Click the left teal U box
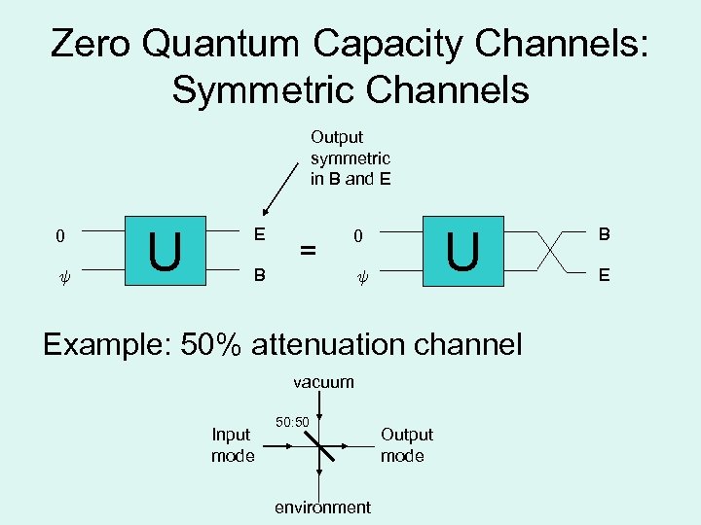[x=166, y=252]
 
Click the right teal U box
[x=462, y=252]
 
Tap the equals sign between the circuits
[x=308, y=251]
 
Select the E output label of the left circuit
[x=259, y=234]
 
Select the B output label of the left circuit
[x=259, y=274]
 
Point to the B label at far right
[x=605, y=234]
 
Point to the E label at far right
[x=605, y=275]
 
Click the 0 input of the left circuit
[x=60, y=235]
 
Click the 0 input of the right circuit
[x=358, y=235]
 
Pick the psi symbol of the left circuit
[x=60, y=275]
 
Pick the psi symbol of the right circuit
[x=358, y=275]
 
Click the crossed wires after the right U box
[x=552, y=255]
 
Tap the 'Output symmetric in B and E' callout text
[x=350, y=157]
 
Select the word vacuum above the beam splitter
[x=323, y=382]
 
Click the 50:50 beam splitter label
[x=292, y=422]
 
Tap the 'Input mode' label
[x=233, y=445]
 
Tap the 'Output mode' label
[x=406, y=445]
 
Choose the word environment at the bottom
[x=322, y=507]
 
